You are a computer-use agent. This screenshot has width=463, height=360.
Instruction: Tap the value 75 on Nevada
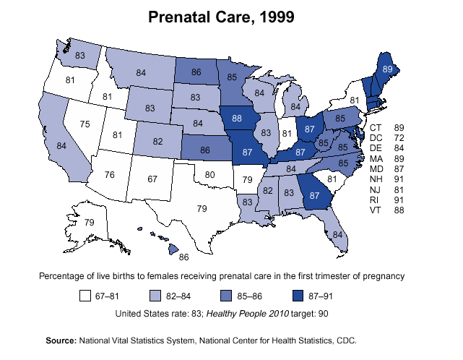coord(85,124)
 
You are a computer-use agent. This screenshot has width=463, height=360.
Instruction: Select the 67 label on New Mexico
coord(152,179)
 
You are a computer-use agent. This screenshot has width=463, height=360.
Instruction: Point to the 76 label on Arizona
coord(109,174)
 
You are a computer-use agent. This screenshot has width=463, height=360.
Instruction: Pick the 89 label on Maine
coord(388,68)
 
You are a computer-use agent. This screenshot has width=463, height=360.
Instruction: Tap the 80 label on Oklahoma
coord(209,174)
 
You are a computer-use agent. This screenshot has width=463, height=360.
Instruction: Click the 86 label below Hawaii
coord(183,257)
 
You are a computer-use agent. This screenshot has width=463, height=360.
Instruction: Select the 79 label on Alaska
coord(90,222)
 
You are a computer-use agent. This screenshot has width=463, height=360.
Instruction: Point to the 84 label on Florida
coord(337,234)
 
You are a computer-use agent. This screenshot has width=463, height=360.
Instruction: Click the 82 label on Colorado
coord(157,141)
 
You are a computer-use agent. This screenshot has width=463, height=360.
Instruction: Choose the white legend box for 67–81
coord(85,296)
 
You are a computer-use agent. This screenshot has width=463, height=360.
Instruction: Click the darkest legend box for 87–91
coord(298,296)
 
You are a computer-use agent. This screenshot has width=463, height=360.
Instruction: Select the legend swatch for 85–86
coord(226,296)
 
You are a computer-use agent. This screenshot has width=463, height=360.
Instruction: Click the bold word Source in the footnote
coord(61,340)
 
